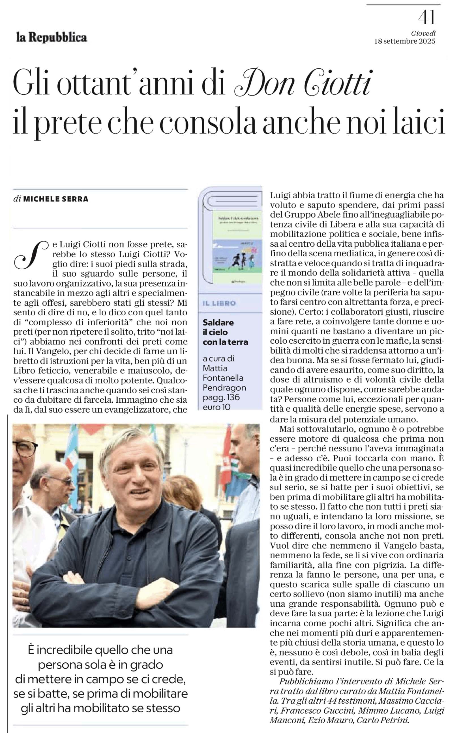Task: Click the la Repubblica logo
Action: [x=52, y=38]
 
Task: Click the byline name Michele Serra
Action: [x=56, y=199]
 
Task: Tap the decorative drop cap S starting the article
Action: [x=31, y=255]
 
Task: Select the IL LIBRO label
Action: [x=219, y=303]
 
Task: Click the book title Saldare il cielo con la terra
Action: [x=225, y=332]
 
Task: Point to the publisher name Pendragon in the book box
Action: [x=224, y=387]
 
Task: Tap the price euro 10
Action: [x=217, y=407]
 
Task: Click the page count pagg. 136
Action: [x=221, y=397]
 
